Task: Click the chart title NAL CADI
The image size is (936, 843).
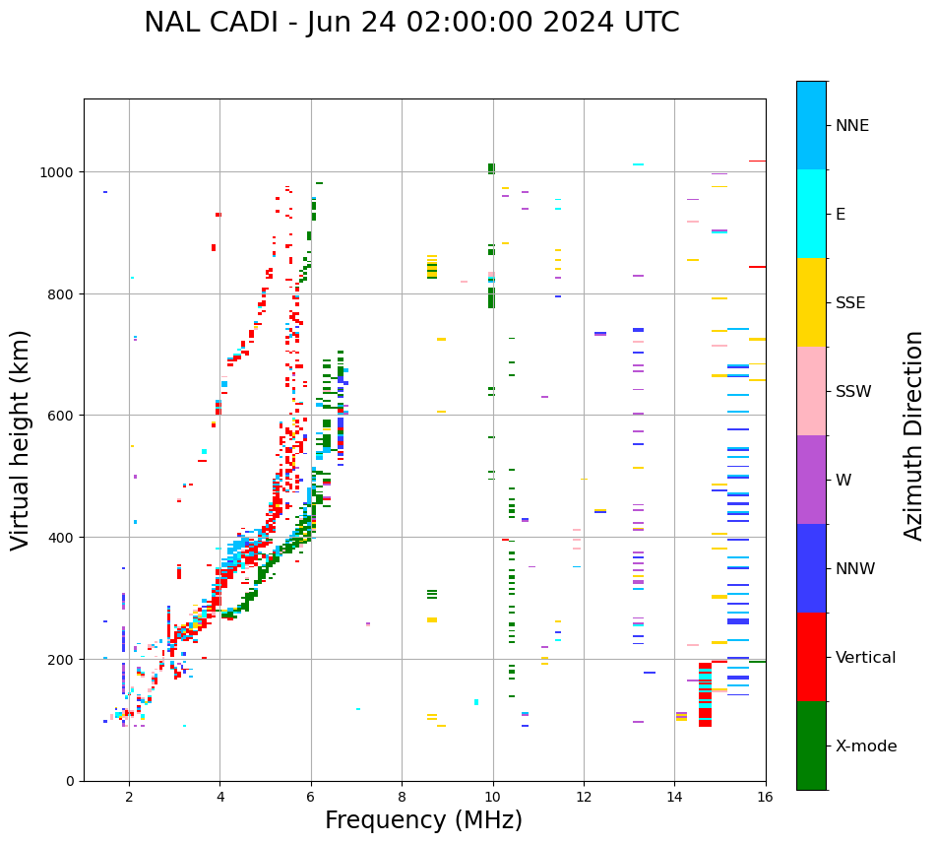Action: click(411, 23)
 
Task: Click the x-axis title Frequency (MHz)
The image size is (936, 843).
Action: click(423, 820)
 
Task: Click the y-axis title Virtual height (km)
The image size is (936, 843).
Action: click(22, 439)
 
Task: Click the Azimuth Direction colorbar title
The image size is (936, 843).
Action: click(914, 435)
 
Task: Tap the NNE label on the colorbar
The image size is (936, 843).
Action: click(852, 126)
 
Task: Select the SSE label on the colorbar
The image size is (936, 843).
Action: click(850, 303)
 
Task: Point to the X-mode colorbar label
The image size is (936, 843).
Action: click(866, 746)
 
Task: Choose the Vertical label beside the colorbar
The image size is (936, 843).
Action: click(865, 658)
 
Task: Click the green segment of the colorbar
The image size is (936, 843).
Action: click(811, 746)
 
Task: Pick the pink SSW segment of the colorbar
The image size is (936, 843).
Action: click(811, 391)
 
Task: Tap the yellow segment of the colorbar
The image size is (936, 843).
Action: click(811, 302)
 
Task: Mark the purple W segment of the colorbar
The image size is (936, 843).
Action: click(811, 480)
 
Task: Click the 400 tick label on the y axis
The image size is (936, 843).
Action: click(63, 538)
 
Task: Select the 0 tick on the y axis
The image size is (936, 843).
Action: click(71, 781)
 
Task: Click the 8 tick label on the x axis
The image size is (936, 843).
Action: click(402, 797)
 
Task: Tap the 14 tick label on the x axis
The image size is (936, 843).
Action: click(674, 797)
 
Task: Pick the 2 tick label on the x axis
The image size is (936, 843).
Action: click(129, 797)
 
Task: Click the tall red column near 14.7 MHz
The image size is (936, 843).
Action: click(705, 695)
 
